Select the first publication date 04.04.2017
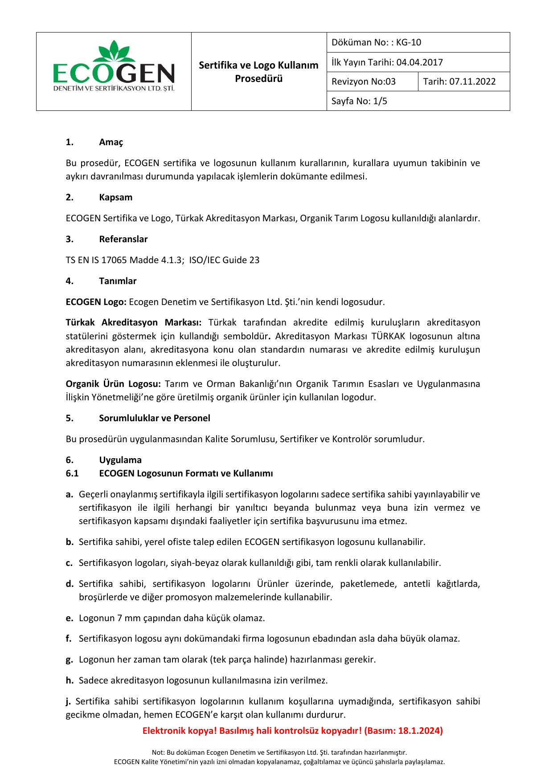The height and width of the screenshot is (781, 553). click(419, 62)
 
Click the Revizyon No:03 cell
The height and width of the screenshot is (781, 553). click(364, 81)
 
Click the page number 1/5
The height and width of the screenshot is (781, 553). click(380, 101)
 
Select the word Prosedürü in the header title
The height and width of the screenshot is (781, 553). click(259, 79)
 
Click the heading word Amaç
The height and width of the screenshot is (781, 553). click(111, 142)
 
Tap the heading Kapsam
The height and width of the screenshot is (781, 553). click(115, 197)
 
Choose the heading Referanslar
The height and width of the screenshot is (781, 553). click(123, 239)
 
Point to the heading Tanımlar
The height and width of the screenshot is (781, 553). click(118, 281)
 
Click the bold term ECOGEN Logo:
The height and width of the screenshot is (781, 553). click(96, 302)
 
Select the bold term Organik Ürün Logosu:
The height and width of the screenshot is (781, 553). click(113, 384)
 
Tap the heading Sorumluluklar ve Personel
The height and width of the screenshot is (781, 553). click(154, 418)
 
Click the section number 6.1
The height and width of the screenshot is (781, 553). click(72, 473)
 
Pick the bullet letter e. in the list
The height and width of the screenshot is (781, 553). click(69, 618)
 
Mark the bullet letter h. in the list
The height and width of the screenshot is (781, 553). click(70, 680)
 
